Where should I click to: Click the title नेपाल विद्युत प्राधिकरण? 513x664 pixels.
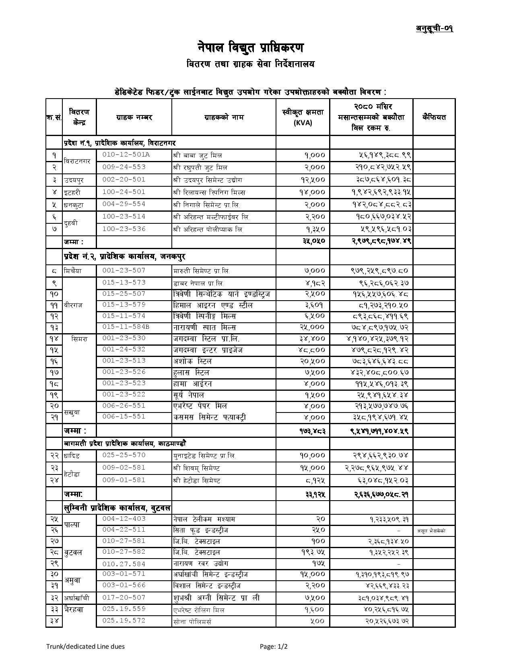[x=250, y=47]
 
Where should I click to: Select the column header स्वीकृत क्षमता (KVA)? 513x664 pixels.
[x=303, y=117]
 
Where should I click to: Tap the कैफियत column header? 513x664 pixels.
[x=434, y=117]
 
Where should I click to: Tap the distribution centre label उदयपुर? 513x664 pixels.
[x=74, y=180]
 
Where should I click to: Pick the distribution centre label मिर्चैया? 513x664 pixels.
[x=73, y=271]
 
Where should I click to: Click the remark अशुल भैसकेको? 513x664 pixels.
[x=431, y=531]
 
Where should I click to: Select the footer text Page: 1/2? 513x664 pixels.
[x=274, y=647]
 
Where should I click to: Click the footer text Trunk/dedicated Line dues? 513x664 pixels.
[x=85, y=647]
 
